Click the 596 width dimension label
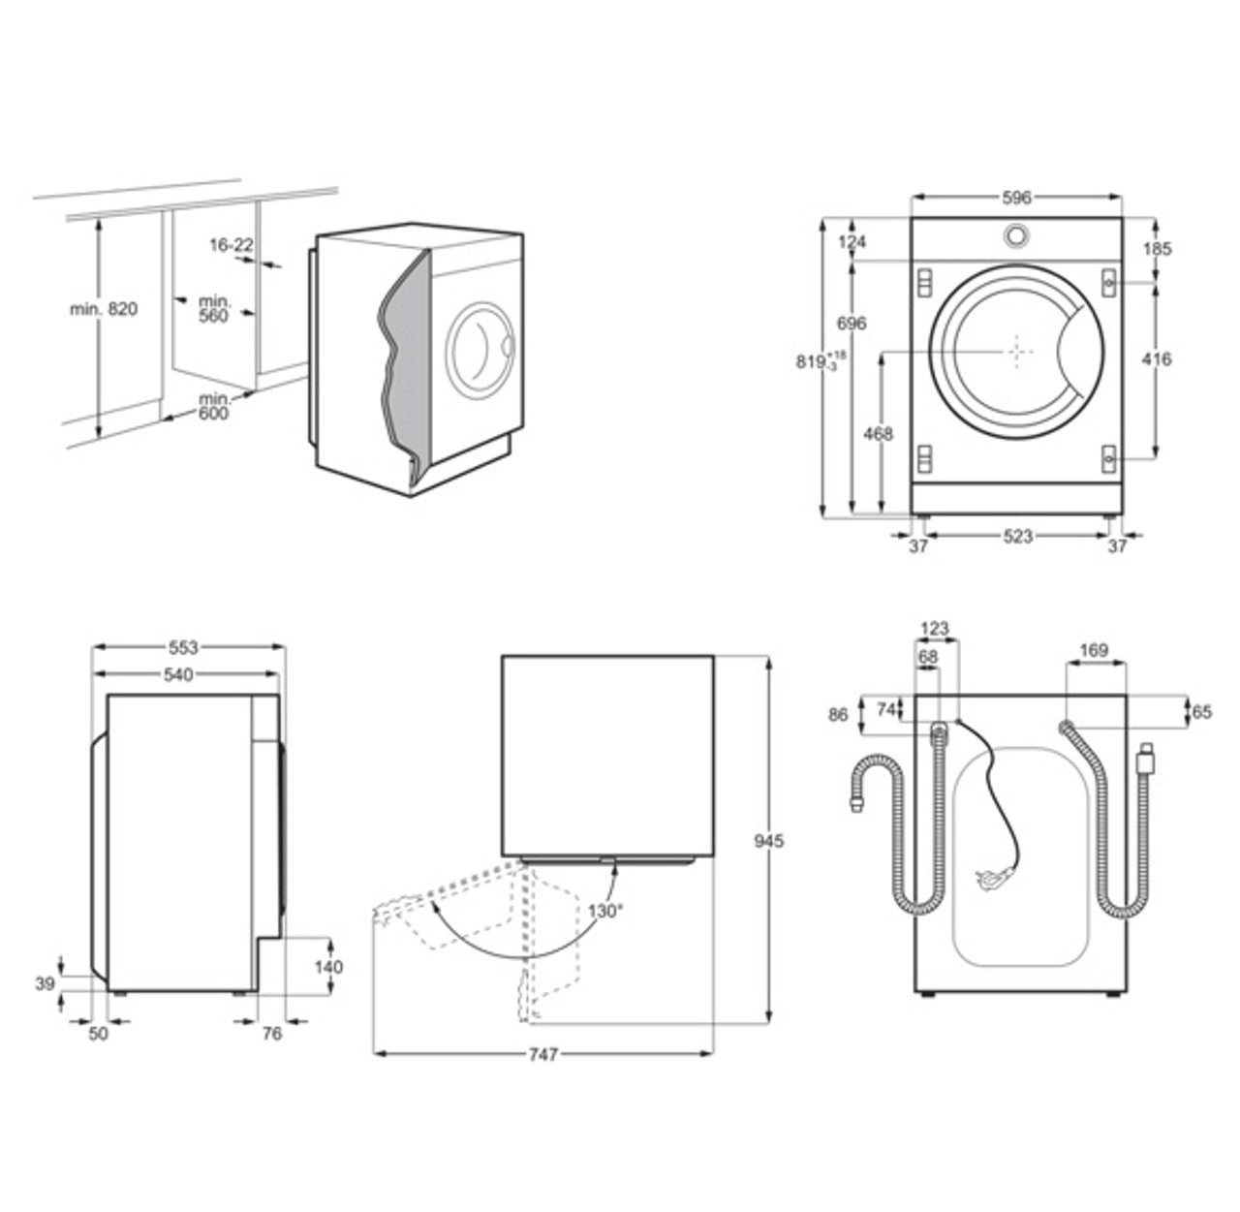pos(1016,198)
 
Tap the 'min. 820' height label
pos(104,309)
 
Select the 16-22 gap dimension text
pos(231,246)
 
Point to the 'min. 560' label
pos(213,309)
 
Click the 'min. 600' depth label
pos(213,406)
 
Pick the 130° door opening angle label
pos(605,910)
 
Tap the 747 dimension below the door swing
pos(543,1055)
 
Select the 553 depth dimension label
pos(183,647)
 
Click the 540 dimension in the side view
pos(178,674)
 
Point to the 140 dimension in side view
pos(329,967)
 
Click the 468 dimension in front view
pos(878,434)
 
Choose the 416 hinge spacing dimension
pos(1157,359)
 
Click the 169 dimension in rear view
pos(1094,650)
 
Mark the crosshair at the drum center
pos(1016,351)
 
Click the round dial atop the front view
pos(1016,234)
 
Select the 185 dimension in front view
pos(1157,249)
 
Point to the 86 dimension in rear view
pos(839,715)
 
